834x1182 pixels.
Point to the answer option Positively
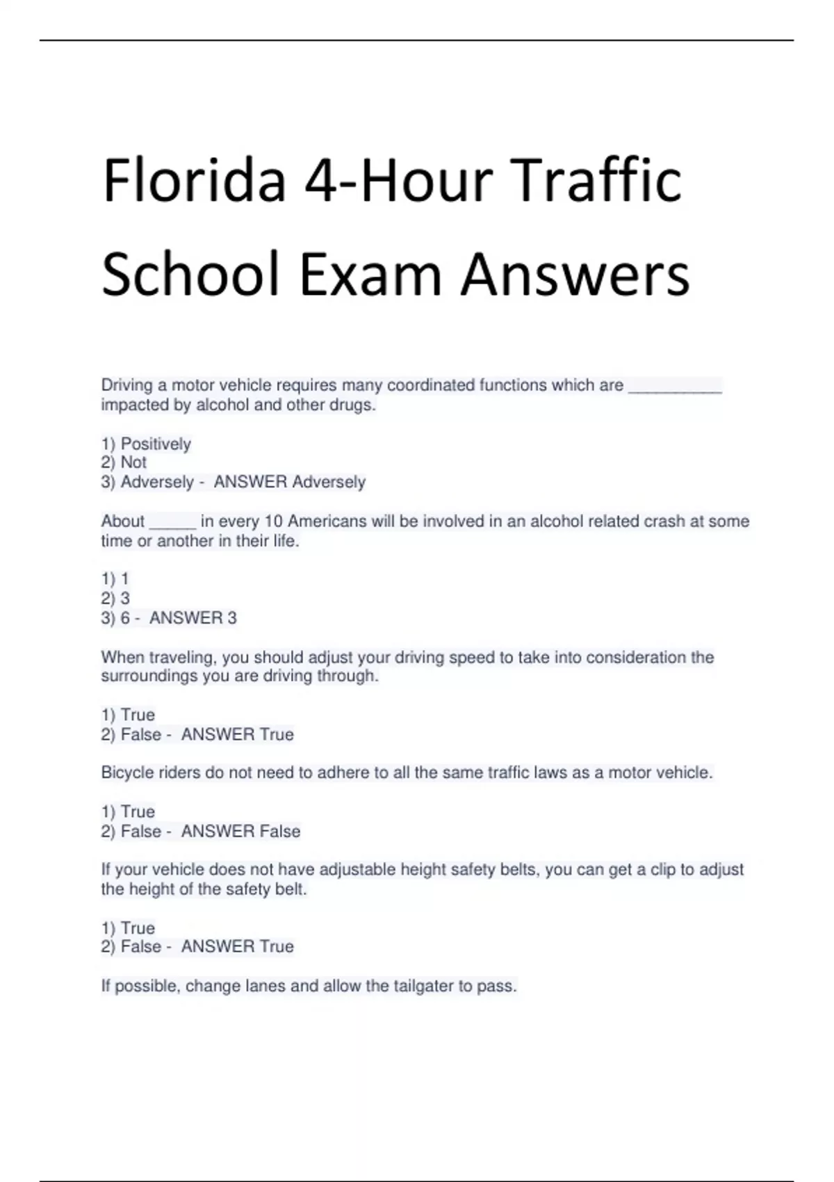pos(155,444)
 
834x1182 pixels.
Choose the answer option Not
pos(133,462)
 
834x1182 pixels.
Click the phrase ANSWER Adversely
pos(289,482)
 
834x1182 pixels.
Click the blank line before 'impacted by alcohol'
pos(675,387)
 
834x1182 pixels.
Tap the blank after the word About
pos(172,523)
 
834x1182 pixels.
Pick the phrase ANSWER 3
pos(193,617)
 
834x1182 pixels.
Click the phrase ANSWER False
pos(240,831)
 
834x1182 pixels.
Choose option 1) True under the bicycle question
pos(129,811)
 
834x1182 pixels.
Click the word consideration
pos(635,657)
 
